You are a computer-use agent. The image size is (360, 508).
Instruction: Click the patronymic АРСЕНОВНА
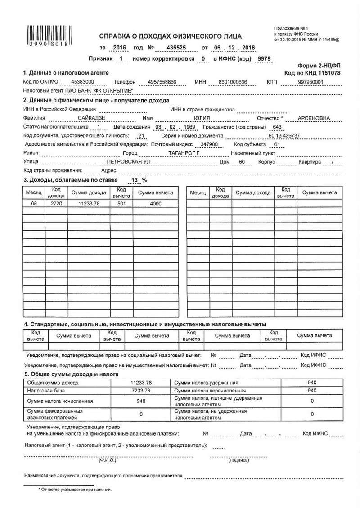[310, 118]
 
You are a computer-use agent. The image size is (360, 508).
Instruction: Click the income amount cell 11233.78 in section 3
[88, 203]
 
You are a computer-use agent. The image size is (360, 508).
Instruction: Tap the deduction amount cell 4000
[155, 203]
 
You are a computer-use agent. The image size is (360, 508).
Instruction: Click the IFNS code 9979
[262, 59]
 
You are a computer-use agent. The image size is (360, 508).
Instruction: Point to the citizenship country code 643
[277, 127]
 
